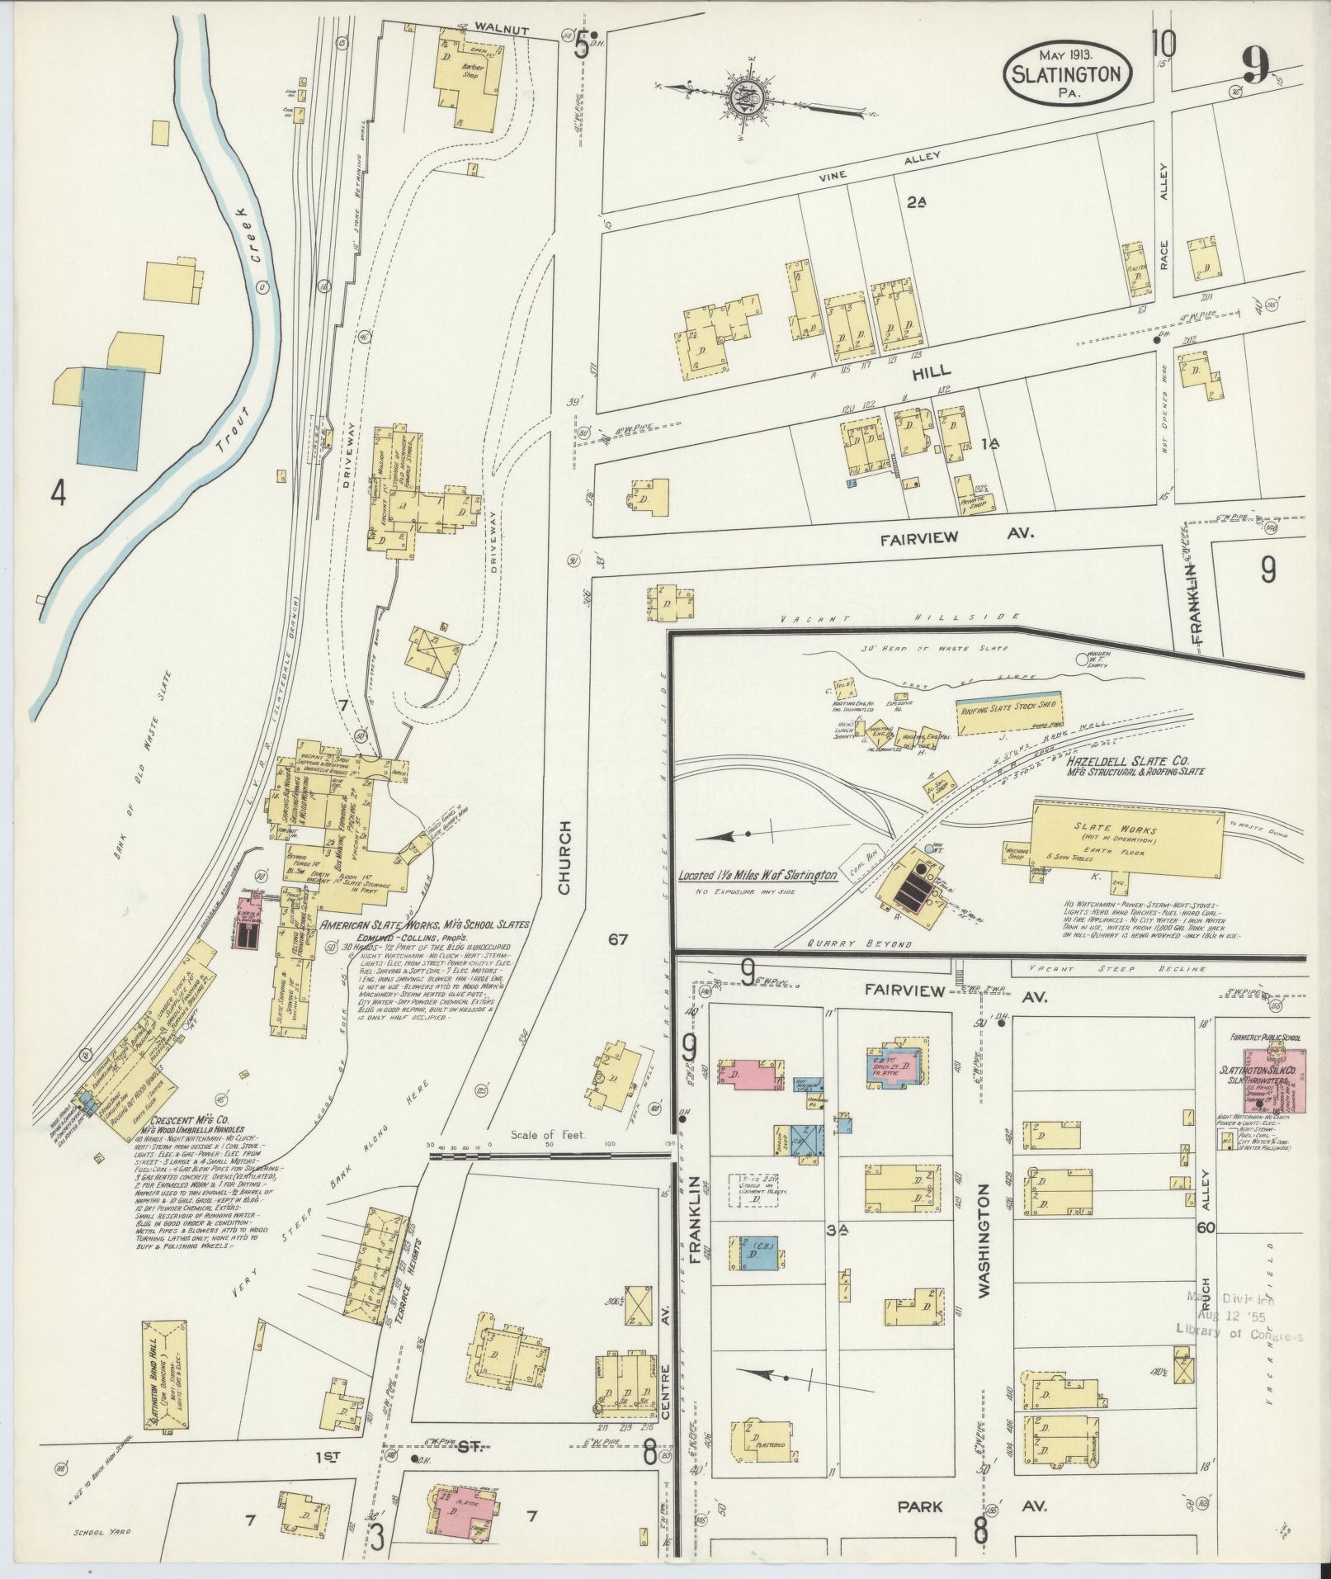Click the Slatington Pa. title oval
[x=1068, y=73]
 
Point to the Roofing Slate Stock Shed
[x=1007, y=708]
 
